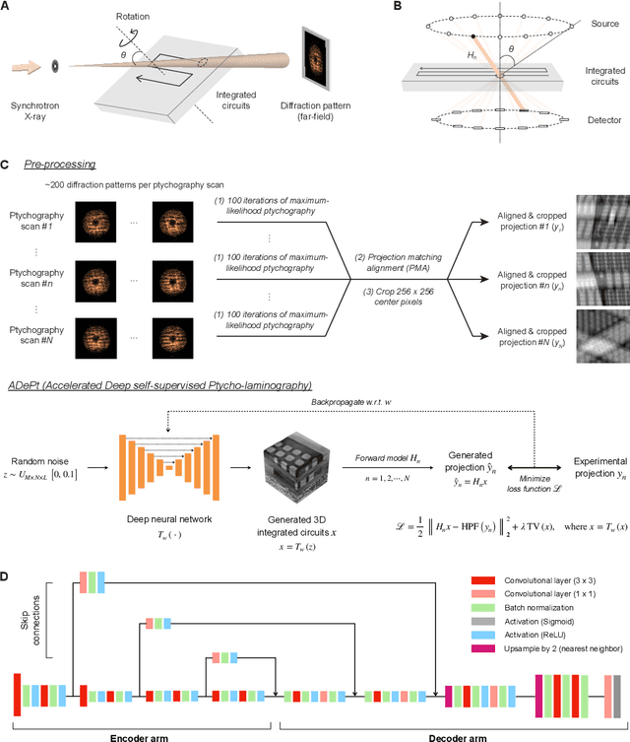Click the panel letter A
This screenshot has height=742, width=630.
tap(8, 7)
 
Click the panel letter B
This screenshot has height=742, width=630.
tap(426, 7)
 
